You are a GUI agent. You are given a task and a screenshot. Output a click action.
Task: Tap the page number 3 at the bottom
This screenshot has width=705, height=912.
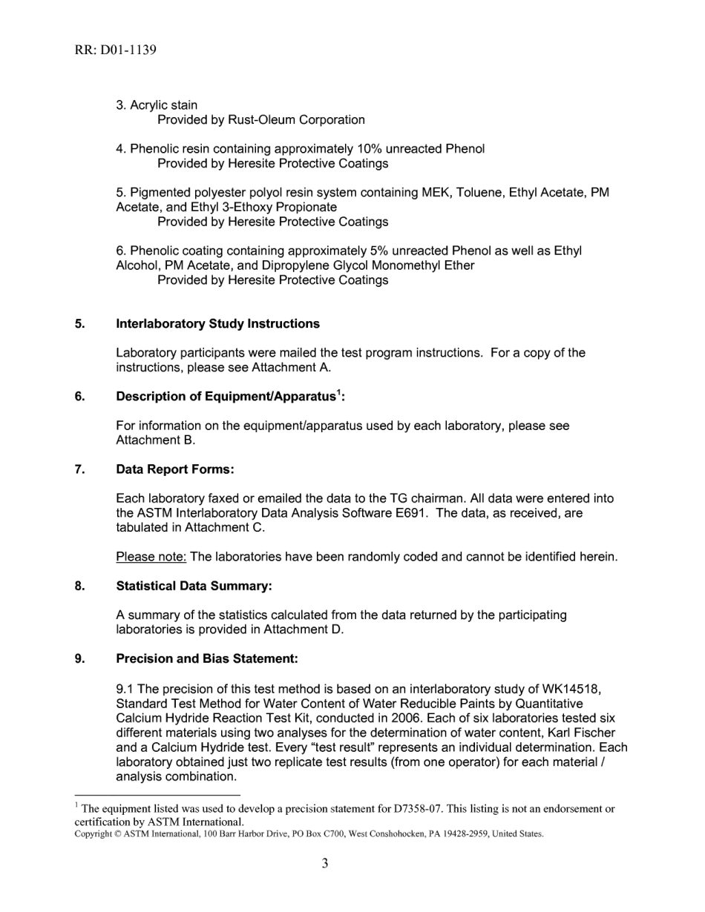(x=325, y=863)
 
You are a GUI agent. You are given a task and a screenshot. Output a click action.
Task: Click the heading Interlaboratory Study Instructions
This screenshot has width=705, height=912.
(x=217, y=324)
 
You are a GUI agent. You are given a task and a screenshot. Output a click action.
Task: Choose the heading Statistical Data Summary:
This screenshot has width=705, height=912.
(x=194, y=586)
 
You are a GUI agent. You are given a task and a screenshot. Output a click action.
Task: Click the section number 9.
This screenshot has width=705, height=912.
(x=78, y=658)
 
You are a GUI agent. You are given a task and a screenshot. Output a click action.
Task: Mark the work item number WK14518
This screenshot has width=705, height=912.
(x=568, y=689)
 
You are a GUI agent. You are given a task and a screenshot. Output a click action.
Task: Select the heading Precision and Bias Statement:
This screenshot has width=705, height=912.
(x=207, y=658)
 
